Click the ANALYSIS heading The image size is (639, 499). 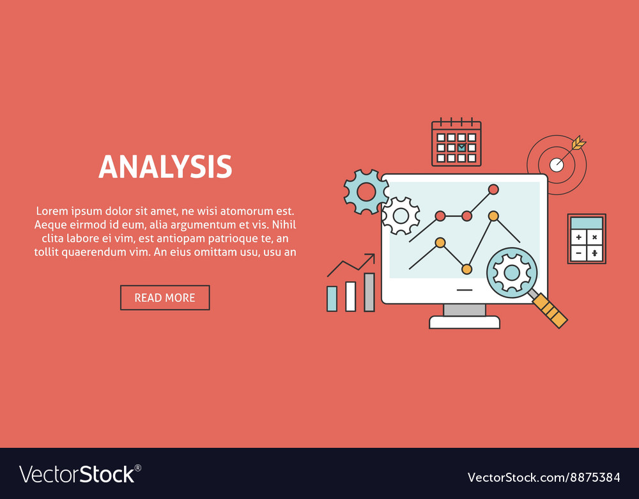(165, 166)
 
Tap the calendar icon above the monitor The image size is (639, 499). (456, 143)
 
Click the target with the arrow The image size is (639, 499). (557, 164)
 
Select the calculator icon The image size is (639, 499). (587, 239)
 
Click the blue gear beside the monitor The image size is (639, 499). (366, 191)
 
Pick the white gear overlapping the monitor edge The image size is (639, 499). (401, 216)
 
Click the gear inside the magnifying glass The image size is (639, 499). (512, 273)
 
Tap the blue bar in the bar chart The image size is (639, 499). (332, 298)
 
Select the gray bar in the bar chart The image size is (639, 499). (369, 292)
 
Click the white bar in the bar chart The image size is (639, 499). (350, 296)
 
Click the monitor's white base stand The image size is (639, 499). (465, 322)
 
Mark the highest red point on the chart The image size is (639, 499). (493, 189)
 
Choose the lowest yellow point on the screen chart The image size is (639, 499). (466, 269)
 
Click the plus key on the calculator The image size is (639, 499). (579, 237)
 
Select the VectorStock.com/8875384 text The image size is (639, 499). (544, 477)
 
